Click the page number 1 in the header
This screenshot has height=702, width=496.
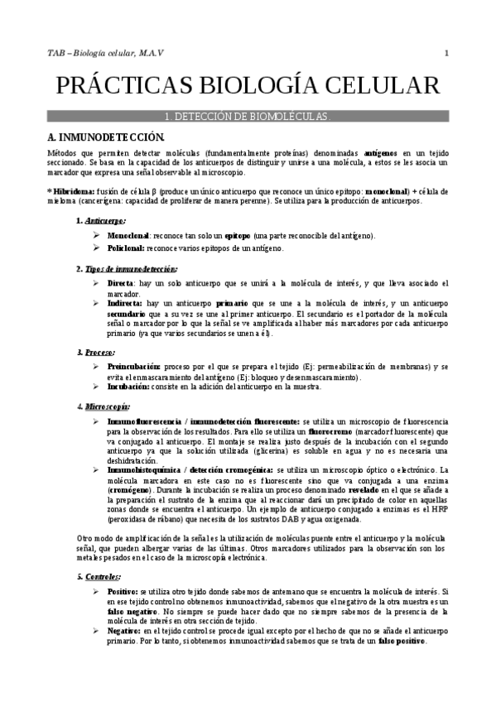coord(446,54)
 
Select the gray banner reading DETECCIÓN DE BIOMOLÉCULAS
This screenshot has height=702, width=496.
coord(248,117)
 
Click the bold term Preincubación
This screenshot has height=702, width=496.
coord(137,366)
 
